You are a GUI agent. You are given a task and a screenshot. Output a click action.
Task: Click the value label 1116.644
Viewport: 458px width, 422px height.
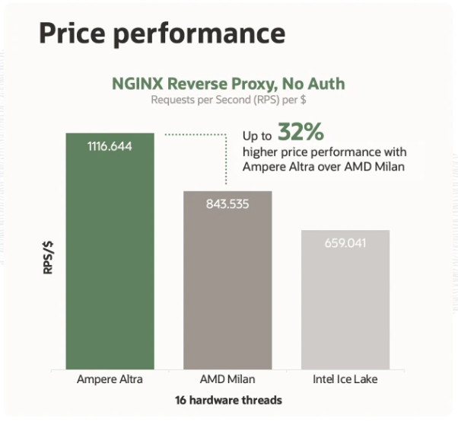(110, 146)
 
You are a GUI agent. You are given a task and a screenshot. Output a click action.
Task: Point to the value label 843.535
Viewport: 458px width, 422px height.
(227, 203)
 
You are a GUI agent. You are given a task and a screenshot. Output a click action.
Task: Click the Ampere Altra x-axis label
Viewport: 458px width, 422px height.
(110, 379)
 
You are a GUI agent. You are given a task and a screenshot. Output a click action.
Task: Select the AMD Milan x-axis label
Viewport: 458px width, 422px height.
(227, 379)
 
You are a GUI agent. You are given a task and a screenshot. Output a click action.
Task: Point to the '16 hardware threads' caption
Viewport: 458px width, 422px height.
(227, 400)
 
